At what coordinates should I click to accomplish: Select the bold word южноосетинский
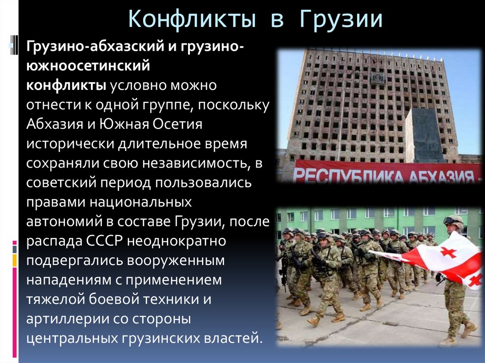point(88,66)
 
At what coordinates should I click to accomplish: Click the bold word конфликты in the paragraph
point(66,86)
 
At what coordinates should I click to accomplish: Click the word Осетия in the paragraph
point(177,124)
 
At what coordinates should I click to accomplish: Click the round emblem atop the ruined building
point(377,78)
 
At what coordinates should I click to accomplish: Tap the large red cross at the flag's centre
point(448,252)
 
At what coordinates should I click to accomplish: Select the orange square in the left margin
point(14,260)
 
